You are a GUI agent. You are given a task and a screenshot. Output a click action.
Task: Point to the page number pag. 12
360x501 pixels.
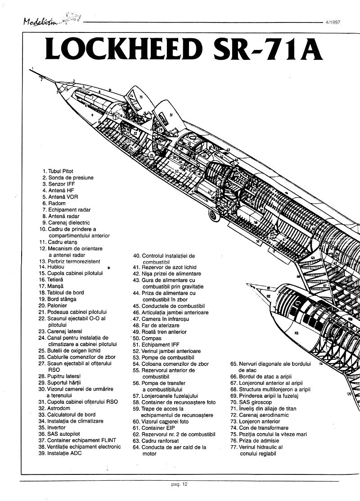[179, 484]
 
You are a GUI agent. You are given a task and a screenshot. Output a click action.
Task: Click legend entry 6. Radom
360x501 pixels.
[54, 203]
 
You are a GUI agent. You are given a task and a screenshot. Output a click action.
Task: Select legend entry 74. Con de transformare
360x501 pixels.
[259, 428]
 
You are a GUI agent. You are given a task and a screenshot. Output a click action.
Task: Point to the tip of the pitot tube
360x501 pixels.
[32, 68]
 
